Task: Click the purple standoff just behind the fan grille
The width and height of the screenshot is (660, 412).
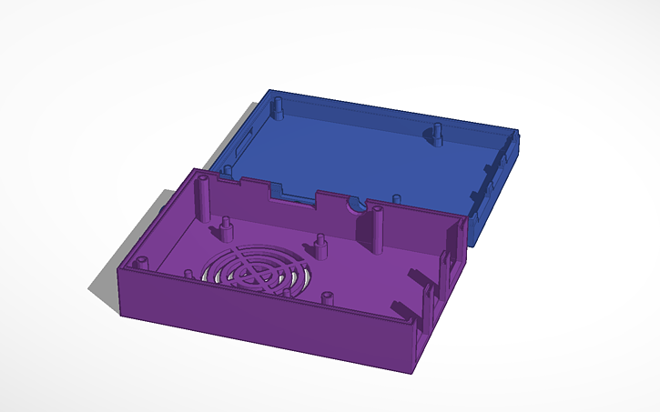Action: [x=320, y=243]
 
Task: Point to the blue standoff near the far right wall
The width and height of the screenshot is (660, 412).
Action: [x=437, y=134]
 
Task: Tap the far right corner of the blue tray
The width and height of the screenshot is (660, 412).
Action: [x=519, y=136]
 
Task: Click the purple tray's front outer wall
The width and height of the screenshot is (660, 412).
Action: [x=264, y=332]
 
